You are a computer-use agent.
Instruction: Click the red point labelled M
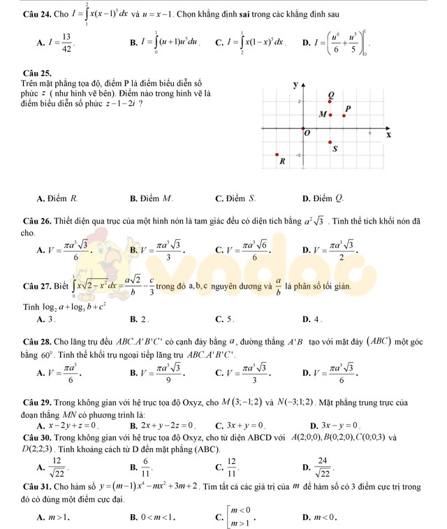coord(330,114)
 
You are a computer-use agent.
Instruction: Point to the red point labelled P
coord(343,115)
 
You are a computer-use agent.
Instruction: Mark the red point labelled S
coord(330,143)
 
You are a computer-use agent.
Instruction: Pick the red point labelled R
coord(277,155)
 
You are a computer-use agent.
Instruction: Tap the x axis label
coord(388,134)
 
